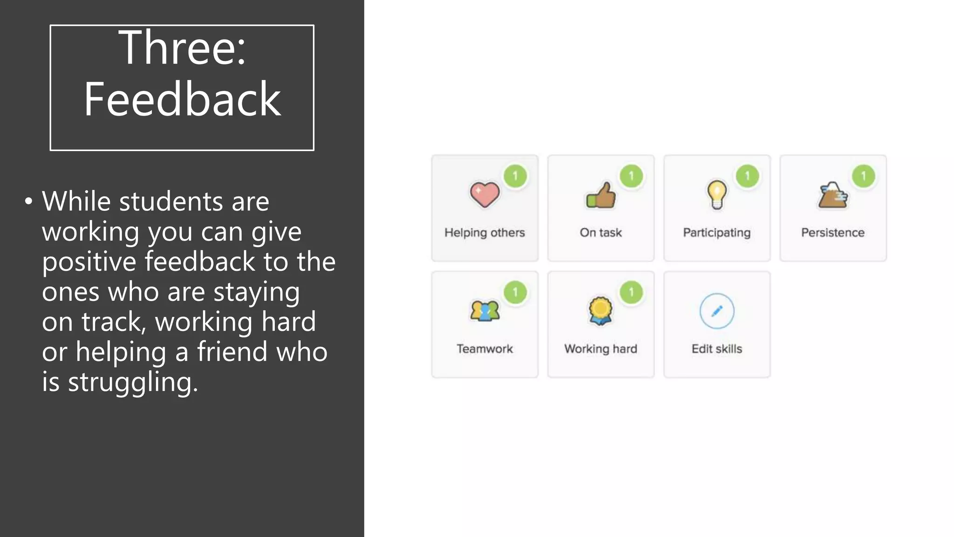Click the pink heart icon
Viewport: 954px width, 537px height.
click(484, 195)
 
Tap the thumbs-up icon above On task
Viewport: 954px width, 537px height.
click(601, 195)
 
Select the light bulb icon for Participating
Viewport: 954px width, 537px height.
click(717, 195)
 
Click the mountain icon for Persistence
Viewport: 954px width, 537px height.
click(833, 195)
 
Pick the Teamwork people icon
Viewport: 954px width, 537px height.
click(484, 311)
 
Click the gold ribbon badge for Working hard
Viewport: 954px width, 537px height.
click(600, 311)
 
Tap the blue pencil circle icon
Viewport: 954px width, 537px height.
click(717, 311)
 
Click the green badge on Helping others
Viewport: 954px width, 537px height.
click(515, 176)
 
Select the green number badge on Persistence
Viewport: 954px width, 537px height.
click(864, 176)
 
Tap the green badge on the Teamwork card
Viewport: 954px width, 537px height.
click(515, 292)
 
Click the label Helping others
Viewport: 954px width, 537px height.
click(484, 233)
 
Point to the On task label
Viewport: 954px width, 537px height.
click(600, 233)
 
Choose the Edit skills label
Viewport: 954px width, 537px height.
click(716, 349)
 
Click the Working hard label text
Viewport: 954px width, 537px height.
click(600, 349)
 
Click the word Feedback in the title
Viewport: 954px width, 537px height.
click(182, 99)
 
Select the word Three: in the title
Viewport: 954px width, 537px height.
click(182, 48)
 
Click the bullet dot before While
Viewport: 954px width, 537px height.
click(29, 201)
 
